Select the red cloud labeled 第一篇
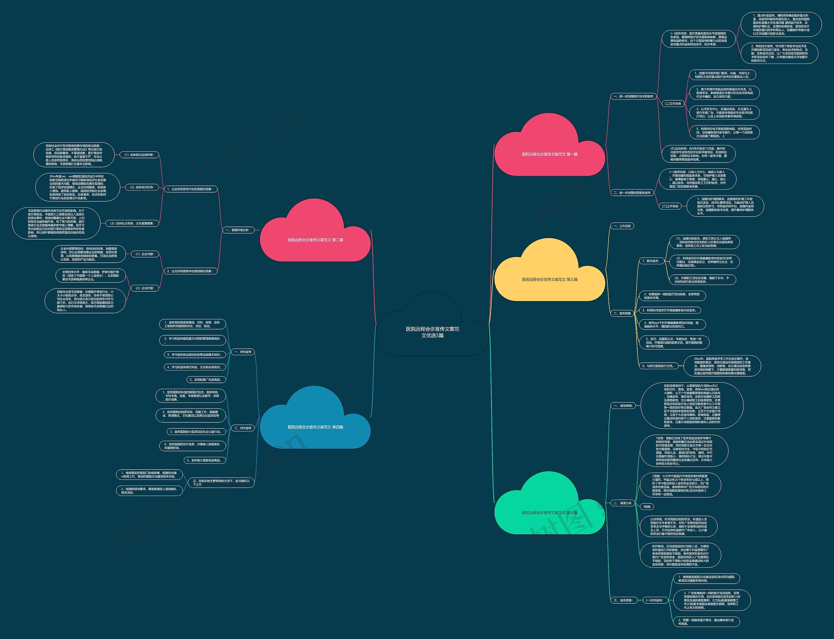point(550,154)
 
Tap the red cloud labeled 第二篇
point(315,240)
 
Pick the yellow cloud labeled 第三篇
point(550,279)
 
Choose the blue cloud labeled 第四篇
point(315,427)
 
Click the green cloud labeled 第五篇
point(550,512)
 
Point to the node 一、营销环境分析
point(238,230)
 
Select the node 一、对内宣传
point(243,352)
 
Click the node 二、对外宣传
point(243,428)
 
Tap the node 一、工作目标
point(622,226)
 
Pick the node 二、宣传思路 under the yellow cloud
point(622,313)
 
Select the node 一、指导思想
point(623,405)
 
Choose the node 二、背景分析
point(623,503)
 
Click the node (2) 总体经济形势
point(142,187)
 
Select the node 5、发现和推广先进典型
point(205,380)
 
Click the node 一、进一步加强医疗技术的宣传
point(633,96)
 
